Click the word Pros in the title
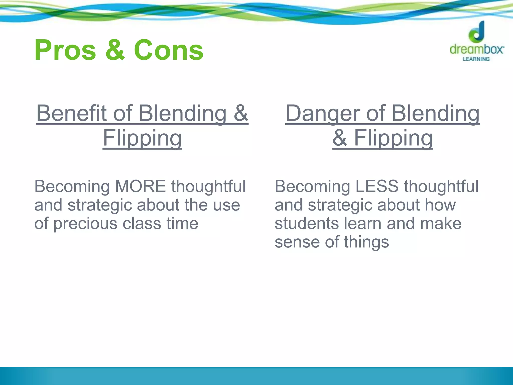65,50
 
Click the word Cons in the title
169,50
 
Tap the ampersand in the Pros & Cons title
115,50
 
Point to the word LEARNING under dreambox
476,59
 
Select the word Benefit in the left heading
71,113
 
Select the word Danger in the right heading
323,113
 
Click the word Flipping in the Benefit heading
142,138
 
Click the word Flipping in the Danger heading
393,138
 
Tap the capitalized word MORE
140,186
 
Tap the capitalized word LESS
376,186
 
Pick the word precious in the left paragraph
85,224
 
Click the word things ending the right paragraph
366,242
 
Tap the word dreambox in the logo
477,49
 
